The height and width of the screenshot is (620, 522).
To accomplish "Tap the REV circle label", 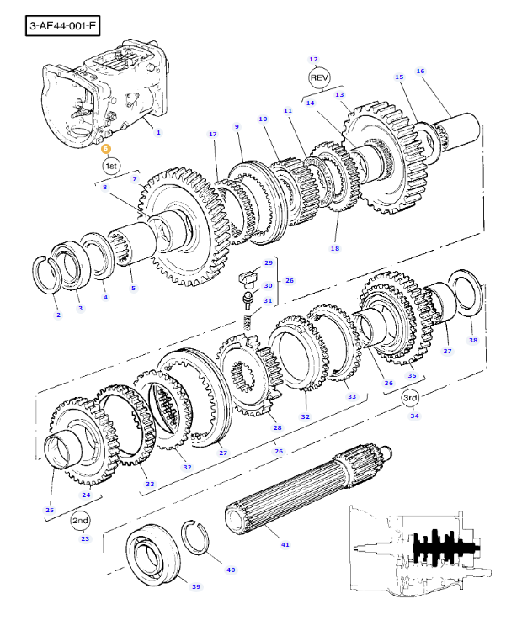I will point(317,78).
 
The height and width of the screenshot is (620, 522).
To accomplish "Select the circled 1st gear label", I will point(112,166).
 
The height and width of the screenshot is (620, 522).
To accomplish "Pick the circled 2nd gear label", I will point(80,521).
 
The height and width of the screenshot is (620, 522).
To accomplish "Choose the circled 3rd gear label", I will point(410,397).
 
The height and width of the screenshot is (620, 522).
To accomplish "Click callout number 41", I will point(285,545).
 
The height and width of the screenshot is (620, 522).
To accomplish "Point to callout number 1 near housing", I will point(158,132).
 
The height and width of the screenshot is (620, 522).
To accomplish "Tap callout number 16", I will point(420,71).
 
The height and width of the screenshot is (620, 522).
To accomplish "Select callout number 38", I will point(472,340).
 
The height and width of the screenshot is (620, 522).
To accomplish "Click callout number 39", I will point(195,586).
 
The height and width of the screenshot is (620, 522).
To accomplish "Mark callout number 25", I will point(50,510).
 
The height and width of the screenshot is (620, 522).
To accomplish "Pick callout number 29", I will point(269,262).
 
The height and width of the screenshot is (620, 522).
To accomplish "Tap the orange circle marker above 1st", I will point(106,148).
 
